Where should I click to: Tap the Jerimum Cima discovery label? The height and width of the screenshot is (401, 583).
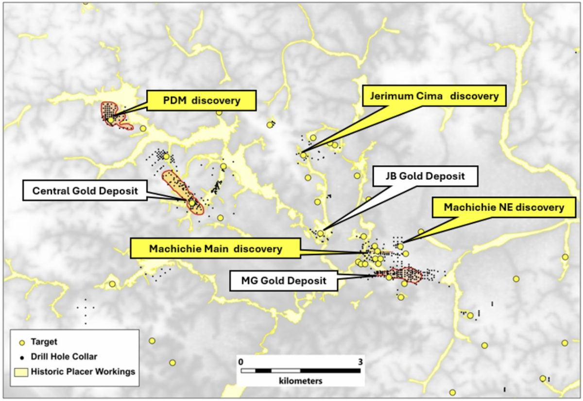click(x=434, y=96)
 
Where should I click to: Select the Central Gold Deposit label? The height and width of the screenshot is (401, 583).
click(x=84, y=191)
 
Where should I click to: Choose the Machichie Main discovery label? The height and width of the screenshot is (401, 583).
click(x=216, y=249)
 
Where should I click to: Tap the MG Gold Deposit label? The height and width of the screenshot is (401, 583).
click(x=284, y=280)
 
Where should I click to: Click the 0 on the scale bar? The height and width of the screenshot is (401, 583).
click(x=240, y=362)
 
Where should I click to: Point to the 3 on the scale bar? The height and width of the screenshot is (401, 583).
click(x=360, y=362)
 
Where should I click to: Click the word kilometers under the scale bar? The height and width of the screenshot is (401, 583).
click(x=301, y=381)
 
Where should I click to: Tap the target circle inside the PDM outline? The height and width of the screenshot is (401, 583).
click(x=111, y=120)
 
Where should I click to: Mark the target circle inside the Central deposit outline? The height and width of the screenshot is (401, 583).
click(x=192, y=203)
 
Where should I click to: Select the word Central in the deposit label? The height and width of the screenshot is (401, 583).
click(x=49, y=191)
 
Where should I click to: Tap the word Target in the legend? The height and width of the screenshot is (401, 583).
click(x=44, y=342)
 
